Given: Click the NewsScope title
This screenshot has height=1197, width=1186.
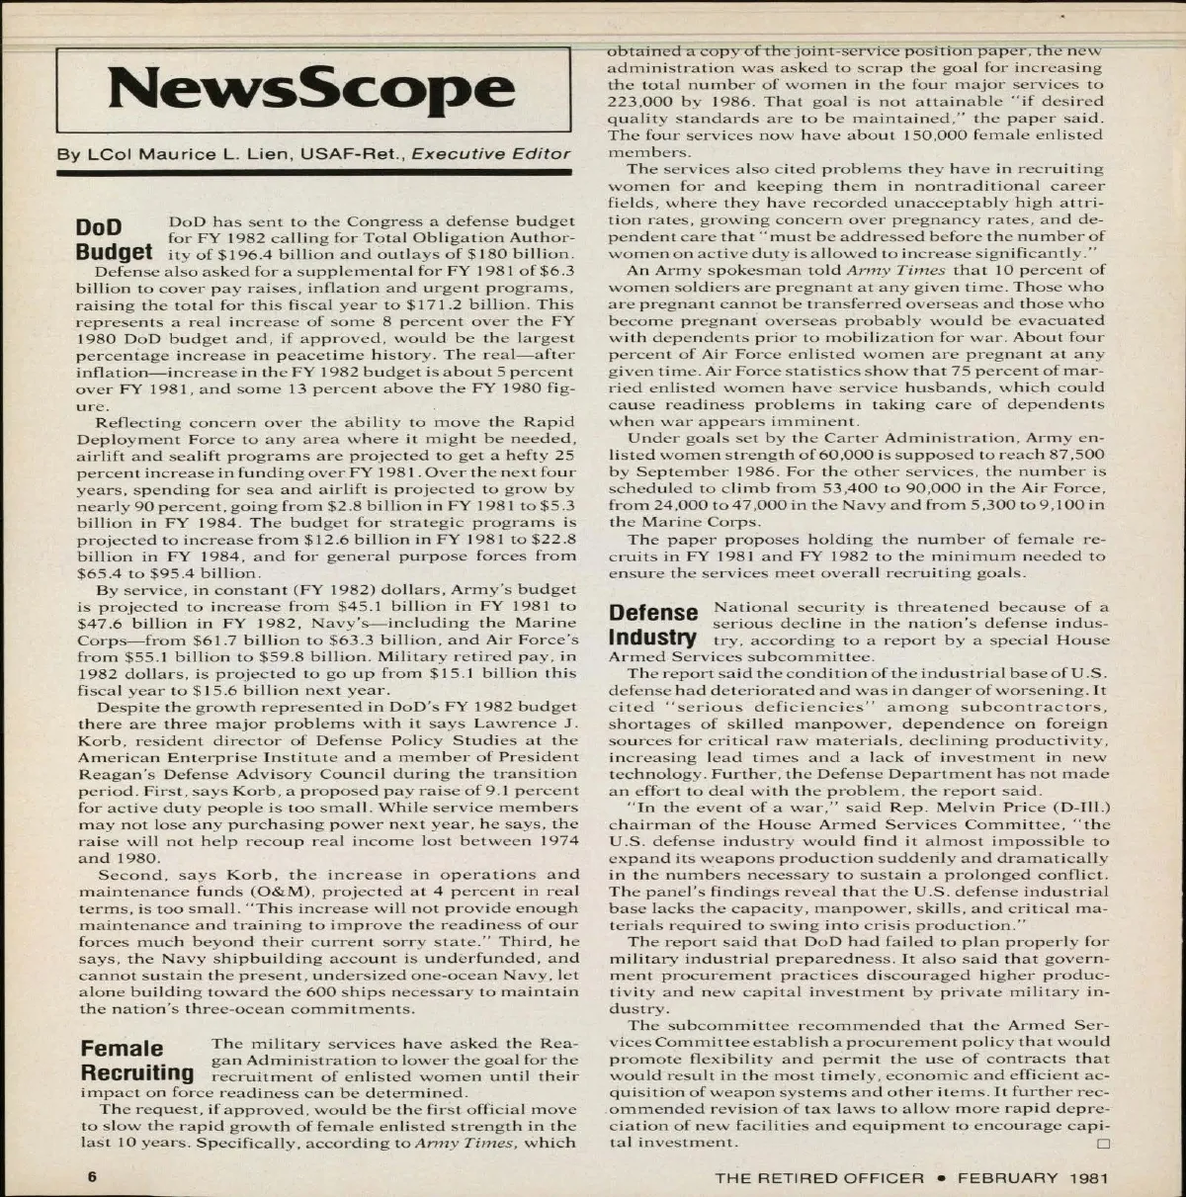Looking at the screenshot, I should (311, 89).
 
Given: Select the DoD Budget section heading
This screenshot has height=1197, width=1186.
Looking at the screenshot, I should (114, 237).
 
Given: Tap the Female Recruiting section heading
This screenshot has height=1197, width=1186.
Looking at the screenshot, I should (136, 1060).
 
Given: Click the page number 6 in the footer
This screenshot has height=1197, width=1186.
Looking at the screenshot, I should (91, 1177).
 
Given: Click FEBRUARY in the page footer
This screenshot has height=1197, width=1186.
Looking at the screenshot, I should (1007, 1177).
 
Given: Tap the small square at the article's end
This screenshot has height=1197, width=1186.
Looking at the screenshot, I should (1101, 1144).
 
